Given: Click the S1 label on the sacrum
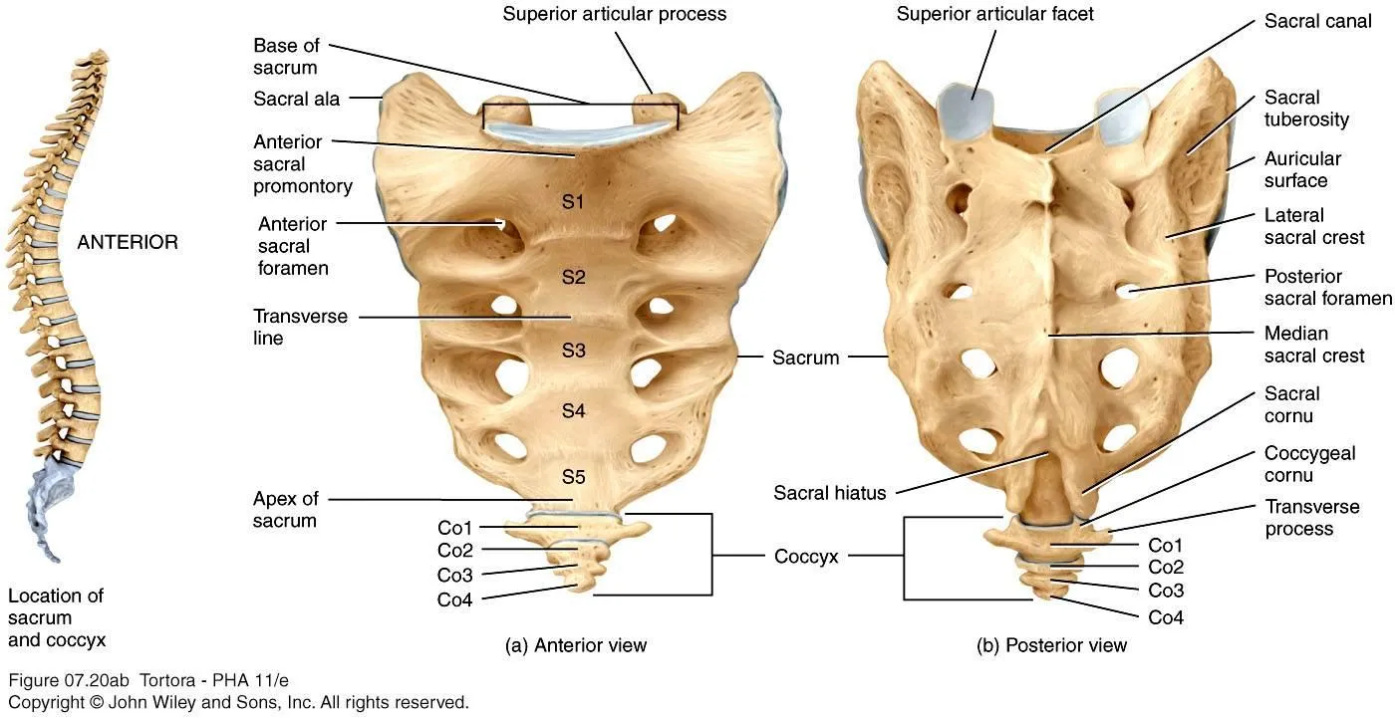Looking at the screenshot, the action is pyautogui.click(x=573, y=201).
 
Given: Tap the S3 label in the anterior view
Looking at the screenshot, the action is pyautogui.click(x=574, y=351).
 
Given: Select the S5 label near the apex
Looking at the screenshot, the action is pyautogui.click(x=574, y=477).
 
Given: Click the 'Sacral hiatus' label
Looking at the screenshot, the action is pyautogui.click(x=829, y=493).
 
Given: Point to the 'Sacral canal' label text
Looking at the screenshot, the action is pyautogui.click(x=1317, y=21).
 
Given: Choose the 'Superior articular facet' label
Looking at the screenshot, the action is pyautogui.click(x=994, y=14).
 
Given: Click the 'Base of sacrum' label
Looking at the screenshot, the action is pyautogui.click(x=287, y=56).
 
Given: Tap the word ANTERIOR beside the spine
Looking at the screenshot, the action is pyautogui.click(x=128, y=242).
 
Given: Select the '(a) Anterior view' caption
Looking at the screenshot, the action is pyautogui.click(x=576, y=645).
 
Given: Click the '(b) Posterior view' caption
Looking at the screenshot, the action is pyautogui.click(x=1051, y=645).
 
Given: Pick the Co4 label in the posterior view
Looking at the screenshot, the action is pyautogui.click(x=1166, y=617).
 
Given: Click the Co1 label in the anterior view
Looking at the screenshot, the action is pyautogui.click(x=454, y=528).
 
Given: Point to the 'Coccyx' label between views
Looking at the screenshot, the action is pyautogui.click(x=806, y=557).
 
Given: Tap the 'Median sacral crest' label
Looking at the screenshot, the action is pyautogui.click(x=1314, y=345).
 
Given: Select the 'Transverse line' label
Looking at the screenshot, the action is pyautogui.click(x=300, y=327).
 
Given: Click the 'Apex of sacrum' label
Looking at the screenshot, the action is pyautogui.click(x=285, y=510).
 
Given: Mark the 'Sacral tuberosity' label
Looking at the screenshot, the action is pyautogui.click(x=1306, y=109).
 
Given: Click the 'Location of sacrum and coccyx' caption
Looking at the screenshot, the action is pyautogui.click(x=57, y=617).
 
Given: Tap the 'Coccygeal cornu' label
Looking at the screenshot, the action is pyautogui.click(x=1309, y=464).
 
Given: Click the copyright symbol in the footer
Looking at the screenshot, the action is pyautogui.click(x=96, y=702).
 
